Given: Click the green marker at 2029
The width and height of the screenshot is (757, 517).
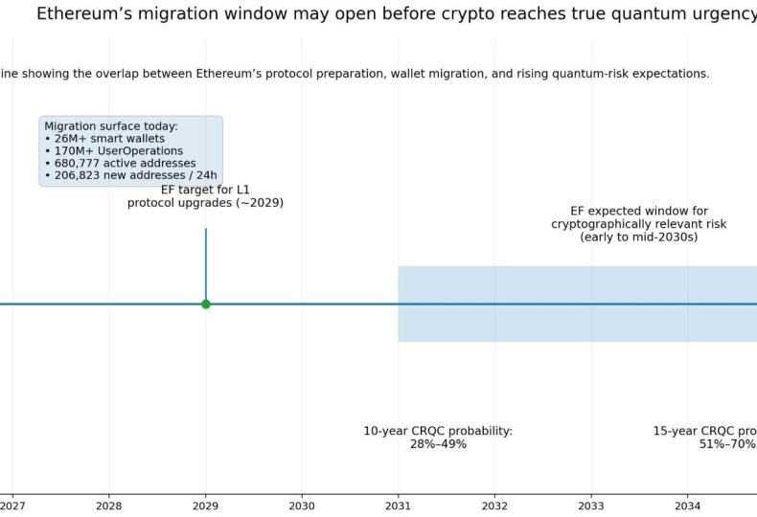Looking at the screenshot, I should point(205,303).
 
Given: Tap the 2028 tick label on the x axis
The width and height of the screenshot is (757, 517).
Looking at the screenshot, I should point(109,505).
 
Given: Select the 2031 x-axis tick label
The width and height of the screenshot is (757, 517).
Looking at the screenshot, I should point(399,505).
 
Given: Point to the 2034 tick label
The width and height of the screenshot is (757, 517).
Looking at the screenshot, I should point(687,505).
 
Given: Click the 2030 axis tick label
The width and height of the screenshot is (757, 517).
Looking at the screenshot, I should point(302,505).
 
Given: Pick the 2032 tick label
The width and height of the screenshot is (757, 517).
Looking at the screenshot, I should point(494,505).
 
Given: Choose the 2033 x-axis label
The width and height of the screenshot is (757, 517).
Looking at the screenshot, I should point(591,505).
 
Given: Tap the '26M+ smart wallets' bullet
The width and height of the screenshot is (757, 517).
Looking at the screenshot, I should point(110,139).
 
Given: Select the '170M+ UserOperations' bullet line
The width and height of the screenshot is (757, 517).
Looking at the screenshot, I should point(119,151).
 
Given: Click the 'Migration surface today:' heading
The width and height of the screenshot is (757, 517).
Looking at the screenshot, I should point(111,126).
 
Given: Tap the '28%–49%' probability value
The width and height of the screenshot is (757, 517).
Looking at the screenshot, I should point(438,444).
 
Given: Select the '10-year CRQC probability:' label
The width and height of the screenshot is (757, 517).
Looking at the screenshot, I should point(438,431).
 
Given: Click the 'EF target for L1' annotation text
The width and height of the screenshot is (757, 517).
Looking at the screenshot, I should point(205,190).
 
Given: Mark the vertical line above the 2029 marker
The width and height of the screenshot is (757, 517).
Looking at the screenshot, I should point(205,258).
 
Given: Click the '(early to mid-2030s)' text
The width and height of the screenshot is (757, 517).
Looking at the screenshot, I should point(639,236).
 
